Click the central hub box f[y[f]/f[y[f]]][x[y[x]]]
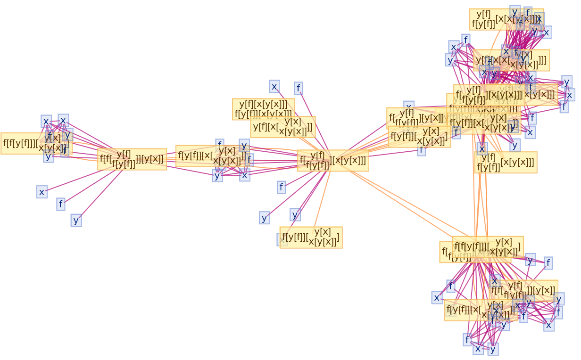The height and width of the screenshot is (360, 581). (332, 161)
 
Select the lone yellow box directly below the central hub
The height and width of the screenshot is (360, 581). (311, 237)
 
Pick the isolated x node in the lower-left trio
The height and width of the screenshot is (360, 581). (42, 192)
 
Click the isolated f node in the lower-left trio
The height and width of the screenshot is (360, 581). (60, 204)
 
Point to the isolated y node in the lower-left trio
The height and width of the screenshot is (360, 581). (76, 220)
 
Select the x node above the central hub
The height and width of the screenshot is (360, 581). (274, 87)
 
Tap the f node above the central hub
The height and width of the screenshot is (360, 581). (298, 88)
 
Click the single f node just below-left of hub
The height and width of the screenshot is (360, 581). (281, 187)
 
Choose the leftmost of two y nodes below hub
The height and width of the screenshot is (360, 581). (264, 218)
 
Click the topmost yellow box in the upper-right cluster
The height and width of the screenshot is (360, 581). (505, 19)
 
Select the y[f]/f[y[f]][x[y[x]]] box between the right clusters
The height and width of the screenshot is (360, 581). (505, 163)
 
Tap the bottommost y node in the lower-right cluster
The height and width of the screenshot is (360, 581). (493, 349)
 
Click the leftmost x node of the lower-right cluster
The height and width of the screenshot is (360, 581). (437, 298)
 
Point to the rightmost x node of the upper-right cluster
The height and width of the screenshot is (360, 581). (569, 95)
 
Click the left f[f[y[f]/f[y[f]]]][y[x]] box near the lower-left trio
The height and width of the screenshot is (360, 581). (132, 159)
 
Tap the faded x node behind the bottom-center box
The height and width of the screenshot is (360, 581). (282, 240)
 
